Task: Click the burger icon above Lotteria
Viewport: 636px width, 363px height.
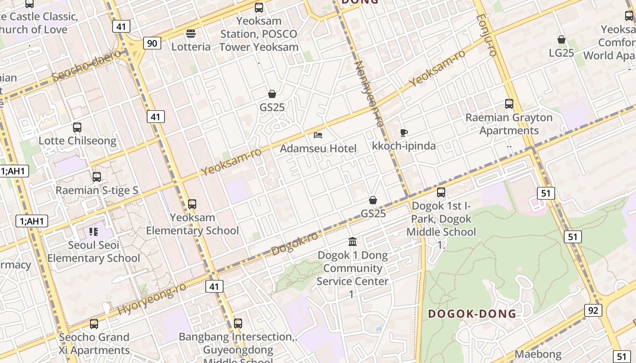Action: click(191, 33)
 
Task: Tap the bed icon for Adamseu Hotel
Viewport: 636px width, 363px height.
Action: click(318, 135)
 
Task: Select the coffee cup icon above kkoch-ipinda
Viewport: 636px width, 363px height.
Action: click(403, 132)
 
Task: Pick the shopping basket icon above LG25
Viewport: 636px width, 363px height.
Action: click(561, 39)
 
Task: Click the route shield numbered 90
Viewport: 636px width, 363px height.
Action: click(152, 43)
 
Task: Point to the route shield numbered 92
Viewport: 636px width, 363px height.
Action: click(593, 310)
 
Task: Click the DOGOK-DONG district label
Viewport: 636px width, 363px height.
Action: click(472, 314)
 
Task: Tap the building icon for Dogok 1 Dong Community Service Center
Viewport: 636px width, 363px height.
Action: click(353, 241)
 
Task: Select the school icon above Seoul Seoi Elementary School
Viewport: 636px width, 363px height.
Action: click(94, 232)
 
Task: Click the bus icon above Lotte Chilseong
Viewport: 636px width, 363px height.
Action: click(77, 128)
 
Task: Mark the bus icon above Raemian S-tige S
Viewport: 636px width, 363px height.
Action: click(97, 177)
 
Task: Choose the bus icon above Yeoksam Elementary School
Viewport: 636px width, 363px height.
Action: click(192, 204)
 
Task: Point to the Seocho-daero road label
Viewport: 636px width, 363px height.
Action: click(86, 66)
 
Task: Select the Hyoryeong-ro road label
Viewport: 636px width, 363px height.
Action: click(152, 299)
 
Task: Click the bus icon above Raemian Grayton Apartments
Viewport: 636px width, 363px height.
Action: click(509, 104)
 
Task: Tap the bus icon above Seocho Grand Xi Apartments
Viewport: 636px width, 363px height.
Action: click(94, 324)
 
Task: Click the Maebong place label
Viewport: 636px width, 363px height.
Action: click(538, 354)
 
